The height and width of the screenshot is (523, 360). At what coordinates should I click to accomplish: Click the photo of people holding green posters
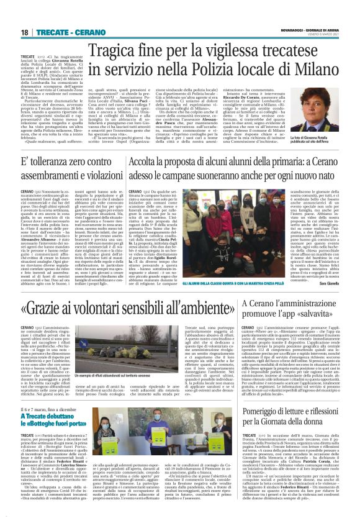coord(160,425)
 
